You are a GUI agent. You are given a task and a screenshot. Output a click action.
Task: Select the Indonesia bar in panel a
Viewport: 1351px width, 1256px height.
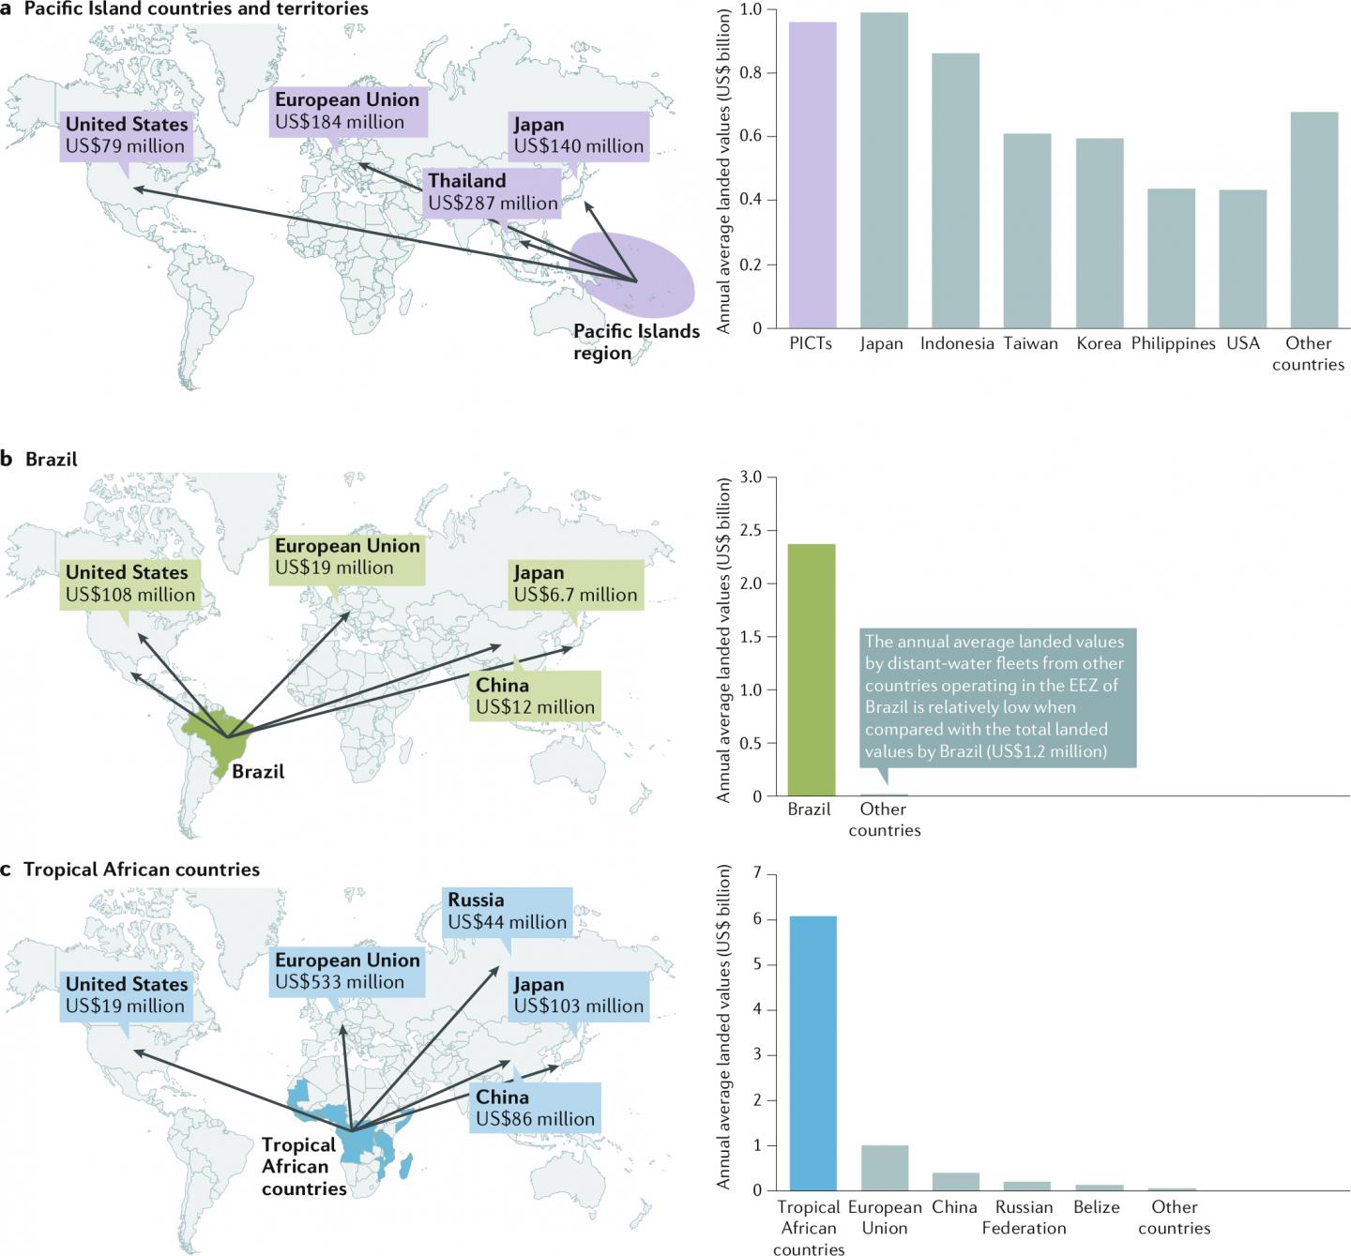tap(955, 191)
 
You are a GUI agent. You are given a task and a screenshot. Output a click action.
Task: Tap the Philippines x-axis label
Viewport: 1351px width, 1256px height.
tap(1173, 344)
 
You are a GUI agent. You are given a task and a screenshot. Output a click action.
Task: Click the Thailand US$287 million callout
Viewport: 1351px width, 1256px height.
tap(493, 192)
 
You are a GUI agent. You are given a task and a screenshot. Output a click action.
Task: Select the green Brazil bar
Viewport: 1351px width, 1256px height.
tap(811, 670)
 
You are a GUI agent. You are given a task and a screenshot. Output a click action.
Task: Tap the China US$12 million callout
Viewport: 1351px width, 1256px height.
tap(536, 696)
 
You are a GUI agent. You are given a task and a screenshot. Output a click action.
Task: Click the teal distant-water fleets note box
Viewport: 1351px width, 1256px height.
tap(996, 697)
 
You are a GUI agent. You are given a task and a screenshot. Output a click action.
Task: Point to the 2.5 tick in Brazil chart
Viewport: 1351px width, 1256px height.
tap(763, 531)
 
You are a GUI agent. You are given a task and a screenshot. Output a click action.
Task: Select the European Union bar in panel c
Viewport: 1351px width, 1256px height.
tap(885, 1167)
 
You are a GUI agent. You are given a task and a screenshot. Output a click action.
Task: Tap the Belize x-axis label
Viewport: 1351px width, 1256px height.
tap(1097, 1208)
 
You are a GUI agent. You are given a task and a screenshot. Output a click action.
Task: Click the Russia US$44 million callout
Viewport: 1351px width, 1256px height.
tap(508, 911)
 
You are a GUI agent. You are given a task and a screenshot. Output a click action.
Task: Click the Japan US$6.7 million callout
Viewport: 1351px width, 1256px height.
tap(576, 583)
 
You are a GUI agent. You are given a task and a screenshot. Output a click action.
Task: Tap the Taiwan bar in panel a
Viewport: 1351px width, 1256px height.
tap(1027, 231)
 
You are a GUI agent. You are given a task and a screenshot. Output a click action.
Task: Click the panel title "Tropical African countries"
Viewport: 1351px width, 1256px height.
tap(142, 870)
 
